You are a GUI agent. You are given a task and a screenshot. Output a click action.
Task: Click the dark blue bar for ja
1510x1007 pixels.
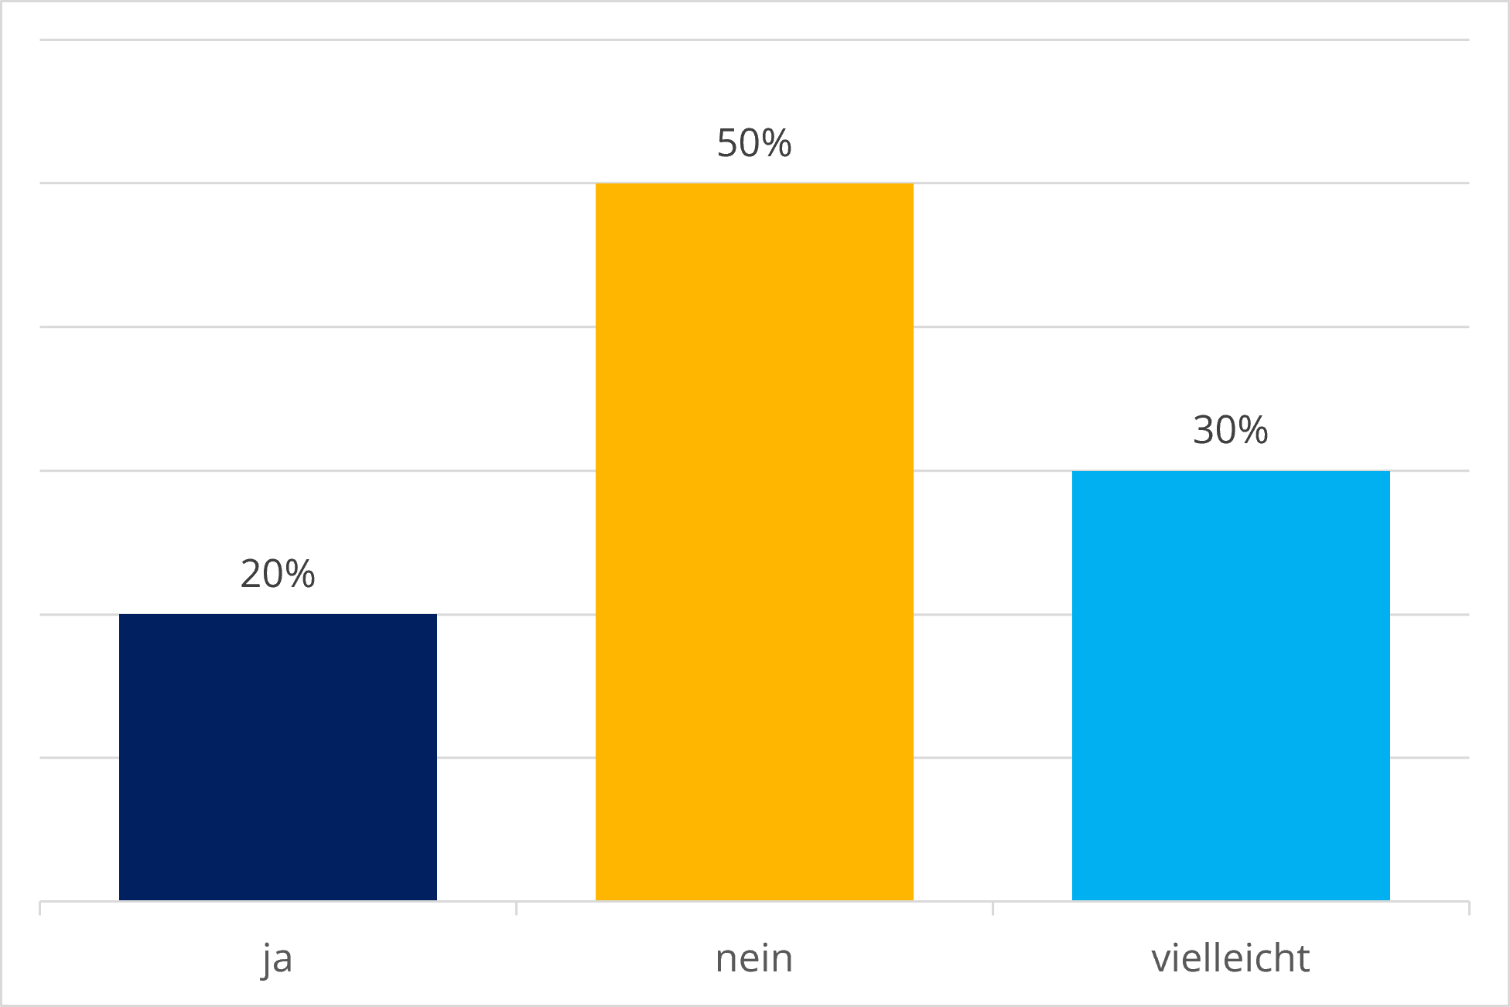278,757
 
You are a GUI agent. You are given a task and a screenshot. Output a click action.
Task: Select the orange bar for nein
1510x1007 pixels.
754,542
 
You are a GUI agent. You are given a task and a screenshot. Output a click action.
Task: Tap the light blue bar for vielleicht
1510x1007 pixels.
1231,685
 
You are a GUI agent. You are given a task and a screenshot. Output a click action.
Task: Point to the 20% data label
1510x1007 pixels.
278,574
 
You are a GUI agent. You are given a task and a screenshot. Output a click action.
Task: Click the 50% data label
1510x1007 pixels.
754,143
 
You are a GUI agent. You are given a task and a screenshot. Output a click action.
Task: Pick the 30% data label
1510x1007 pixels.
1231,430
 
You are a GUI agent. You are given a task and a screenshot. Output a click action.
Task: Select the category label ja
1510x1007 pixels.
277,960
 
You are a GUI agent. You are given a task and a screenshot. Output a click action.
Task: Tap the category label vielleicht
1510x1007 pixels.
1231,958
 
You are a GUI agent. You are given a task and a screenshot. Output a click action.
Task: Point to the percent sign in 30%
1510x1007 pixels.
1253,430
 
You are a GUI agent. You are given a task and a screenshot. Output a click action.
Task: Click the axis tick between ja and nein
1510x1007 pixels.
516,908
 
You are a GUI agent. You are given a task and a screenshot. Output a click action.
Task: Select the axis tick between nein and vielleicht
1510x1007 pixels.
992,908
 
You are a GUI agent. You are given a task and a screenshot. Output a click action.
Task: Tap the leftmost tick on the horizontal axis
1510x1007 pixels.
39,908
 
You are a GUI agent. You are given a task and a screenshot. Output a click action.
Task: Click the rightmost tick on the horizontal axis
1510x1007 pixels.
1469,908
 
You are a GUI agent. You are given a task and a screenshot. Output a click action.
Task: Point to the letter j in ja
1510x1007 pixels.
267,960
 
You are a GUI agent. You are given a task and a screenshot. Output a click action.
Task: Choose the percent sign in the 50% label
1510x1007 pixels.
777,143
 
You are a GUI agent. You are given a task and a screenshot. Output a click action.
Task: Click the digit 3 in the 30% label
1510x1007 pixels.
1204,430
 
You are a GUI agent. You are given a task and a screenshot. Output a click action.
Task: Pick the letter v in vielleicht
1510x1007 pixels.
1161,961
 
